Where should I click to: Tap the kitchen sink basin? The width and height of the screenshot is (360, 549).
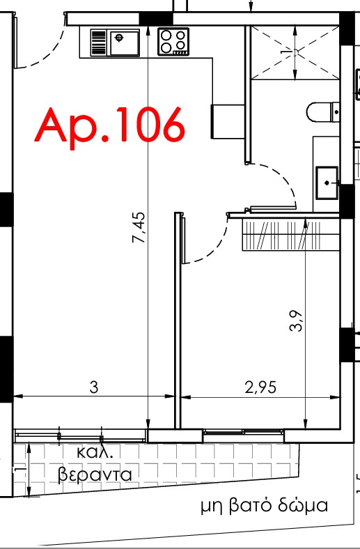click(125, 43)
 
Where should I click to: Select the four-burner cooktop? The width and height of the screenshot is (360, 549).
click(173, 42)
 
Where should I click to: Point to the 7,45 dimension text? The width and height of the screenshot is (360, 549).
click(138, 227)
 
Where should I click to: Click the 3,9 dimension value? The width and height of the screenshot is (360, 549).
click(296, 321)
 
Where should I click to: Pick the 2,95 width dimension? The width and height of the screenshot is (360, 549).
click(260, 387)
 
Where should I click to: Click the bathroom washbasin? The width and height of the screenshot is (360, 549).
click(327, 183)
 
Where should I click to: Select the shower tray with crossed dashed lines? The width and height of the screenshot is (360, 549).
click(295, 52)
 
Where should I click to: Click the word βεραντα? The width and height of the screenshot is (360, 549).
click(95, 474)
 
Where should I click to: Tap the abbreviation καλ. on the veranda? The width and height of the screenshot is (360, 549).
click(95, 452)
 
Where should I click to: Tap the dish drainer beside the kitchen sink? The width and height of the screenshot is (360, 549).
click(98, 42)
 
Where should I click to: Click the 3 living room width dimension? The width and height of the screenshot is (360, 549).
click(94, 387)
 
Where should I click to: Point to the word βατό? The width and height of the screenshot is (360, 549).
click(251, 506)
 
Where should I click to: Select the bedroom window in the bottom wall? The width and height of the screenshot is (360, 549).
click(244, 432)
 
